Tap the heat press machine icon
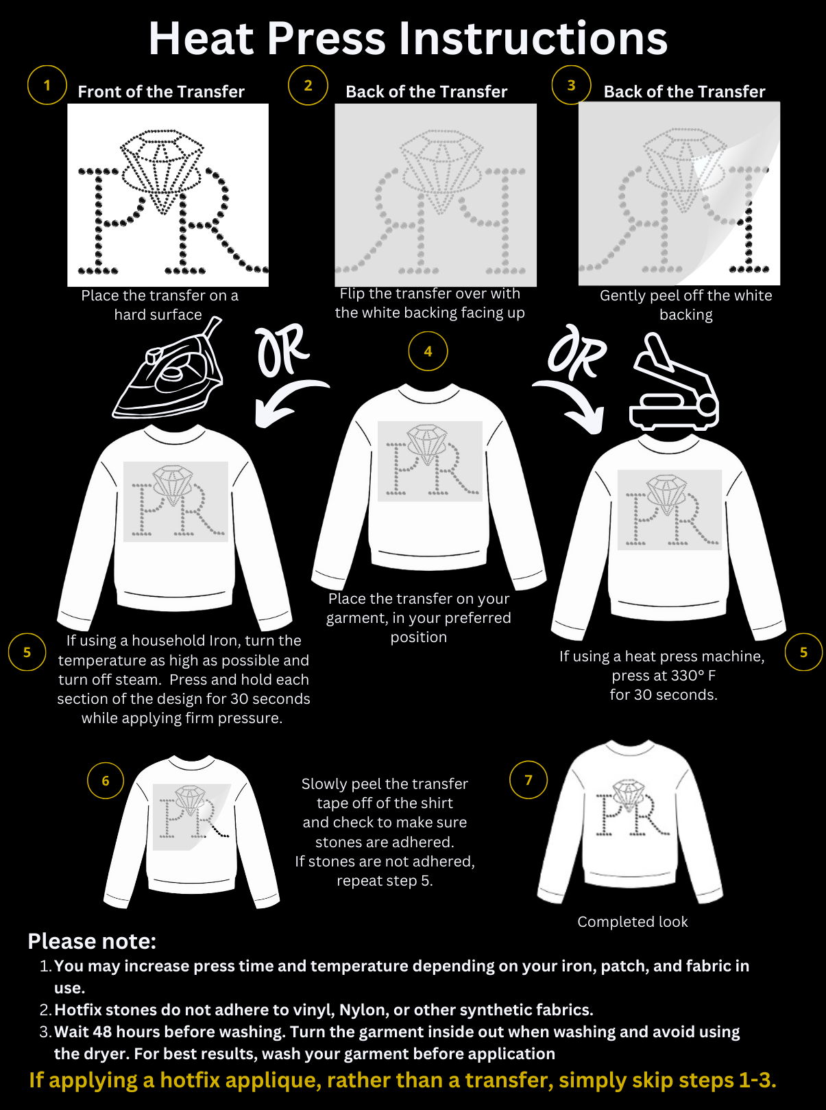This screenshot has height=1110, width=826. click(673, 383)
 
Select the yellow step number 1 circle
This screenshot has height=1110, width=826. click(47, 85)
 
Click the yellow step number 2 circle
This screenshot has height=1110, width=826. click(308, 85)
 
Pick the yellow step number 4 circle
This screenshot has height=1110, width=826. click(428, 351)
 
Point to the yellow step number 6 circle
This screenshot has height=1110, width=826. click(106, 781)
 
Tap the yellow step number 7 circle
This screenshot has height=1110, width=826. click(529, 780)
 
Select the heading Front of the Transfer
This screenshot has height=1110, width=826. click(161, 91)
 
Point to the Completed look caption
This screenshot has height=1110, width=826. click(633, 922)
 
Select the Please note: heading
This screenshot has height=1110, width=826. click(92, 941)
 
